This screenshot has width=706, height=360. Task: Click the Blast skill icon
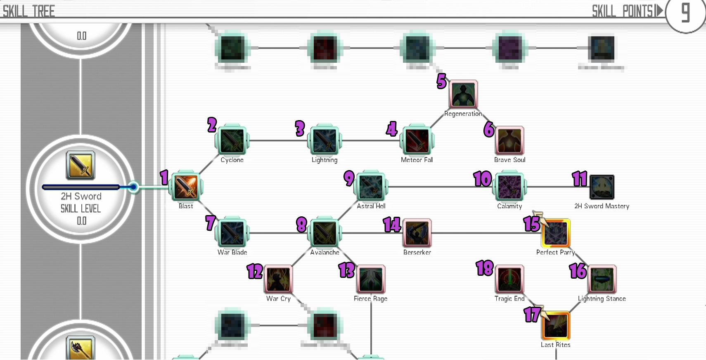pos(186,187)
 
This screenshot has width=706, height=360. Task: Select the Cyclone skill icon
pos(232,141)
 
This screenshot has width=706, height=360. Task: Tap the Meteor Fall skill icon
pos(417,141)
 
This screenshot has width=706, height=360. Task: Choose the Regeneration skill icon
pos(463,95)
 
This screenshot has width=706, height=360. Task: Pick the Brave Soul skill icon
pos(509,141)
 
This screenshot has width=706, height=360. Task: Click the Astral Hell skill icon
pos(371,187)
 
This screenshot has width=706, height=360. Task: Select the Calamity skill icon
pos(509,187)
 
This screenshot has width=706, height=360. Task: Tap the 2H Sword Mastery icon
pos(602,187)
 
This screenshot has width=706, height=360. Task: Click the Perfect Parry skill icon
pos(556,233)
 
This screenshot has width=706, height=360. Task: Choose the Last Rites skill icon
pos(556,326)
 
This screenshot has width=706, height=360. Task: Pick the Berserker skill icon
pos(417,233)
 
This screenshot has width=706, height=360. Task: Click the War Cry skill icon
pos(278,279)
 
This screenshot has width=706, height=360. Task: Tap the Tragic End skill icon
pos(509,279)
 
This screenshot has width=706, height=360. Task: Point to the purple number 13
pos(347,270)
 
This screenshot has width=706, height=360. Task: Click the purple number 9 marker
pos(349,178)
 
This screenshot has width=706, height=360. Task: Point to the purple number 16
pos(578,271)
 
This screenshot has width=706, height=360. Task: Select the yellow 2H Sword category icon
pos(81,165)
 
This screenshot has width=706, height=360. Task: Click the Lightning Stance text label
pos(602,298)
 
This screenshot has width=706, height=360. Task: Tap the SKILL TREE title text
pos(29,11)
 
